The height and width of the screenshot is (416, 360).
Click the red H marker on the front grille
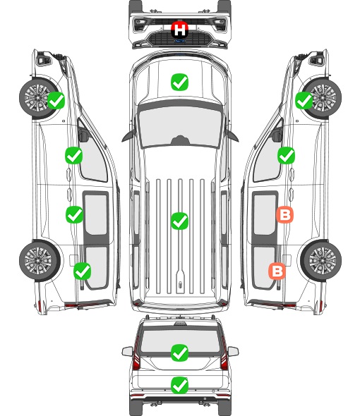coord(179,30)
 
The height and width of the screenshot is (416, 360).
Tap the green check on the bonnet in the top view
coord(179,82)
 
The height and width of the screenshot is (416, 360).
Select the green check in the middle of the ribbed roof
coord(179,221)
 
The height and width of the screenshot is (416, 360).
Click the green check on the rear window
coord(179,353)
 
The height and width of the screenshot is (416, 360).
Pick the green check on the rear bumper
coord(179,385)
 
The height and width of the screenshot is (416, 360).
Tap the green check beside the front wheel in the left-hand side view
coord(56,100)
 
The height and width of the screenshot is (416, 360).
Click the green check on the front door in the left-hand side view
coord(74,155)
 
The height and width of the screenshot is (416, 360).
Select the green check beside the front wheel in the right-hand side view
coord(304,100)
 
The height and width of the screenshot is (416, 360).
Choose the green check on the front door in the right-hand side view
coord(286,155)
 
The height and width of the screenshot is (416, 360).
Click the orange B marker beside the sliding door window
coord(284,214)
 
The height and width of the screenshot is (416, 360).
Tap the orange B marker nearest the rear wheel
coord(277,271)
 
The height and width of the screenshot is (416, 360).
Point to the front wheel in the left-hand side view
coord(38,97)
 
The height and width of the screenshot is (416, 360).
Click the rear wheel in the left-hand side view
coord(40,261)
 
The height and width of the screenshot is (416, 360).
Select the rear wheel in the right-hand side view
coord(321,260)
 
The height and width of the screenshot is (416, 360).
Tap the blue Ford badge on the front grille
coord(179,41)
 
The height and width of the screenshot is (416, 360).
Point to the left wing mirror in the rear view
coord(127,351)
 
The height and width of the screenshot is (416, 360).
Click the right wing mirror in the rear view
coord(233,351)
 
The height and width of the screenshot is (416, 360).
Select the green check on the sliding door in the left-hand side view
coord(74,214)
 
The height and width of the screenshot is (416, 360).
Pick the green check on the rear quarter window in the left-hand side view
coord(83,271)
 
